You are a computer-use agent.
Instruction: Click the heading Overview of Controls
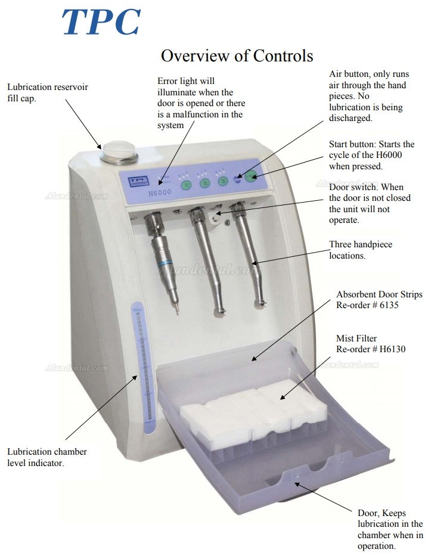(237, 55)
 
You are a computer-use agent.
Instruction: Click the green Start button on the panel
(251, 176)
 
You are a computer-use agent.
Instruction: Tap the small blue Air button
(237, 178)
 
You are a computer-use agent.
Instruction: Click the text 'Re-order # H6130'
(371, 349)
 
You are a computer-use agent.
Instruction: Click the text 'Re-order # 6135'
(367, 305)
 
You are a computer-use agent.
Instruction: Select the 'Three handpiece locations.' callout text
(361, 250)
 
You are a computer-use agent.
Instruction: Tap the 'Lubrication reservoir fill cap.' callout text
(48, 92)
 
